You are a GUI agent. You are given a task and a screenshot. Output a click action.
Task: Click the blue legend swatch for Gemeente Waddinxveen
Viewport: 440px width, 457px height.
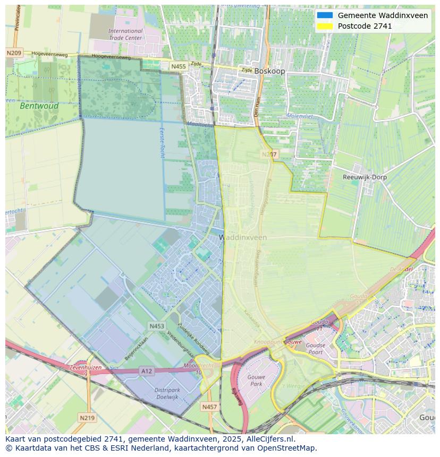click(x=325, y=15)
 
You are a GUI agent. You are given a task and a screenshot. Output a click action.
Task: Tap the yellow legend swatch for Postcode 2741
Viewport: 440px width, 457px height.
click(x=325, y=26)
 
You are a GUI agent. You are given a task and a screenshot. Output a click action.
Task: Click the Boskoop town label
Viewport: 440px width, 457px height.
click(x=269, y=71)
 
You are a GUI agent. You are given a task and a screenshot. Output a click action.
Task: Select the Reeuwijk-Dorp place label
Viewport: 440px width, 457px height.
click(x=365, y=177)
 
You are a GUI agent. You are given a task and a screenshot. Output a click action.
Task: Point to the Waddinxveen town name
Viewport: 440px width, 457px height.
click(x=243, y=238)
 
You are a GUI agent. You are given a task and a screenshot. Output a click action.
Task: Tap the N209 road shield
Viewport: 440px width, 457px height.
click(x=14, y=53)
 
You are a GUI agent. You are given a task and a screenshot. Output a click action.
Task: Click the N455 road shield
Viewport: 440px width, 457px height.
click(x=179, y=66)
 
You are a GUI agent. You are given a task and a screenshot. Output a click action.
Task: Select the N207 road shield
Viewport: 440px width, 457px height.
click(x=269, y=154)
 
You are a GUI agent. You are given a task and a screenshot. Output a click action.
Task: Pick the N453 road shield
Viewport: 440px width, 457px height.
click(x=157, y=326)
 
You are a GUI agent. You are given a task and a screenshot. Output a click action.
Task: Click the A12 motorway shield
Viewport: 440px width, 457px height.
click(x=147, y=371)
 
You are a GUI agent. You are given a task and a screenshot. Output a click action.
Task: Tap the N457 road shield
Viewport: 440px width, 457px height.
click(x=209, y=407)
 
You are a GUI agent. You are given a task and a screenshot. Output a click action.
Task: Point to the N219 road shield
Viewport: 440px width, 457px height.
click(x=87, y=418)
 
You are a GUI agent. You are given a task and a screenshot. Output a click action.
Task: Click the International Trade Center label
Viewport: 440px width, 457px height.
click(x=125, y=35)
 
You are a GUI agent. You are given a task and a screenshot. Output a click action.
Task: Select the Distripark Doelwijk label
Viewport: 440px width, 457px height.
click(x=167, y=393)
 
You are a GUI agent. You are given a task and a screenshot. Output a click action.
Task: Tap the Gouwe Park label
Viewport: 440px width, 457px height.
click(x=256, y=380)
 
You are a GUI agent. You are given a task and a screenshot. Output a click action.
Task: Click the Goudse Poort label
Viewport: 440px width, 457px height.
click(x=315, y=349)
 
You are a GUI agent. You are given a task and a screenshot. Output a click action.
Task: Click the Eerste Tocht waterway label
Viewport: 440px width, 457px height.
click(x=162, y=142)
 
